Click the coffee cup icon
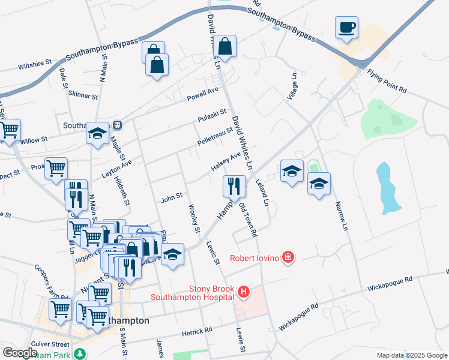click(346, 28)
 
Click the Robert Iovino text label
click(256, 259)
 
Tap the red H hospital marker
click(244, 292)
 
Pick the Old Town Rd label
click(248, 219)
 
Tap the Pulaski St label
click(214, 112)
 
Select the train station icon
click(118, 125)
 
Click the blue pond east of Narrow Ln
click(388, 187)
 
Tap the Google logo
click(19, 353)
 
